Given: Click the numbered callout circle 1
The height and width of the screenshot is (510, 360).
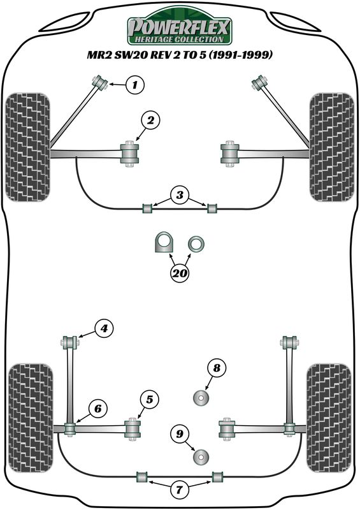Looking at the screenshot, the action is (134, 85).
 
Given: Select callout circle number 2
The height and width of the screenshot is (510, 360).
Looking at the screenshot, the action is (150, 120).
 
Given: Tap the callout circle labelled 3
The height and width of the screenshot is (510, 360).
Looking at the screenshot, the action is (180, 195).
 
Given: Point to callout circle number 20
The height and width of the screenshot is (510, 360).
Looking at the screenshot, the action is (180, 273).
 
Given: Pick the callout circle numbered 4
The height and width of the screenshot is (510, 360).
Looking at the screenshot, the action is (104, 329).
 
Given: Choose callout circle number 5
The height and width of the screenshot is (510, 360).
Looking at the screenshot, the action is (149, 399).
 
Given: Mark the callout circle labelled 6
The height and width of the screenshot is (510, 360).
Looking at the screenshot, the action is (98, 409).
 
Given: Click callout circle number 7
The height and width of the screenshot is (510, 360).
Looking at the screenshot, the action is (179, 489).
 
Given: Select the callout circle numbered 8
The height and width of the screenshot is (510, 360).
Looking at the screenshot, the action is (217, 368).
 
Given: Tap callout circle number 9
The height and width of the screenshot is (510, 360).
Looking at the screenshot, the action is (180, 434).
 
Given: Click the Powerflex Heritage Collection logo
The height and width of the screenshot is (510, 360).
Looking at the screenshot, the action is (179, 26).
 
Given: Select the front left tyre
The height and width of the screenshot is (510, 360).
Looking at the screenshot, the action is (28, 147).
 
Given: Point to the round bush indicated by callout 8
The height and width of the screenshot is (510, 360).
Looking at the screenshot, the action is (201, 398).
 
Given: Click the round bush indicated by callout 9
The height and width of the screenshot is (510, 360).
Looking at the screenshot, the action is (201, 457).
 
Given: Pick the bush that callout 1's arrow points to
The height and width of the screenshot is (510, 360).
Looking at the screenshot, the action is (100, 83).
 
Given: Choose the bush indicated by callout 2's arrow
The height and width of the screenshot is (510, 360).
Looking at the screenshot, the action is (130, 154).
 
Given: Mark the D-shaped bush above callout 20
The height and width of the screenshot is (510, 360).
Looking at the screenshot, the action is (164, 242).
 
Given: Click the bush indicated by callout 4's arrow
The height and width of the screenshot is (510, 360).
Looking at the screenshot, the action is (69, 342).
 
